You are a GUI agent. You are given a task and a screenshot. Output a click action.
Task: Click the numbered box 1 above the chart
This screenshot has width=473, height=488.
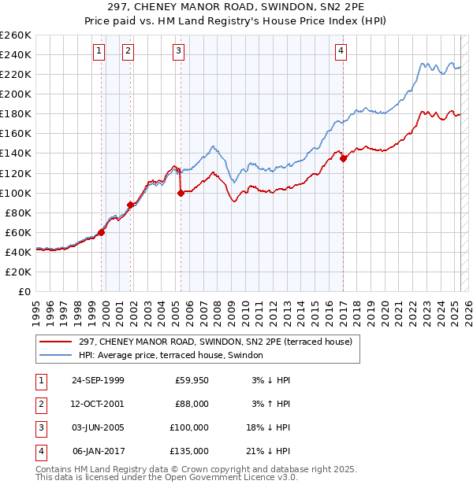(99, 51)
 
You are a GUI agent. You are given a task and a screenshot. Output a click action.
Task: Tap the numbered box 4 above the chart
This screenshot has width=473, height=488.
(341, 51)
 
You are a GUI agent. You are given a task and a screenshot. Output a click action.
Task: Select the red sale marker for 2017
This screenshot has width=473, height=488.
(344, 158)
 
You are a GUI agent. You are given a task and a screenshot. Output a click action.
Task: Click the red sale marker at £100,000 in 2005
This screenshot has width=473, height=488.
(181, 192)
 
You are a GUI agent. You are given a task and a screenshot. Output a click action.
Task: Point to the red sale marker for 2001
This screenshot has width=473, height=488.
(130, 205)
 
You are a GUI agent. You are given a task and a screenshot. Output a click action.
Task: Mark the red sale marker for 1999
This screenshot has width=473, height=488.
(102, 232)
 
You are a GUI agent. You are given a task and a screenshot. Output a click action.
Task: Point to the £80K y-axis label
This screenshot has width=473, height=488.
(17, 213)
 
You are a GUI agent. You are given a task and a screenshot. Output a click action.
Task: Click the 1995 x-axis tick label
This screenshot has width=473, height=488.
(36, 308)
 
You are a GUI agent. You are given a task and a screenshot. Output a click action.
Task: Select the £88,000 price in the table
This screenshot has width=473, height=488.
(192, 404)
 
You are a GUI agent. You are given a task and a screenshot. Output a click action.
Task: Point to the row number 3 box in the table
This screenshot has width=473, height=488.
(39, 427)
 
